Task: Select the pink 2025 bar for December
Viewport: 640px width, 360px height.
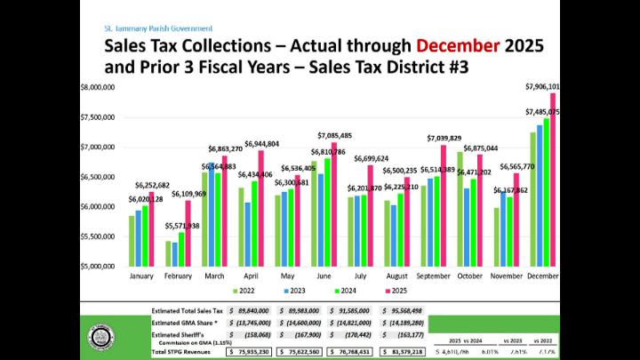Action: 552,178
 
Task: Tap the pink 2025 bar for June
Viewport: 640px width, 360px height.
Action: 333,204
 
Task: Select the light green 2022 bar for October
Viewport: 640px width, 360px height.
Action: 460,209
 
